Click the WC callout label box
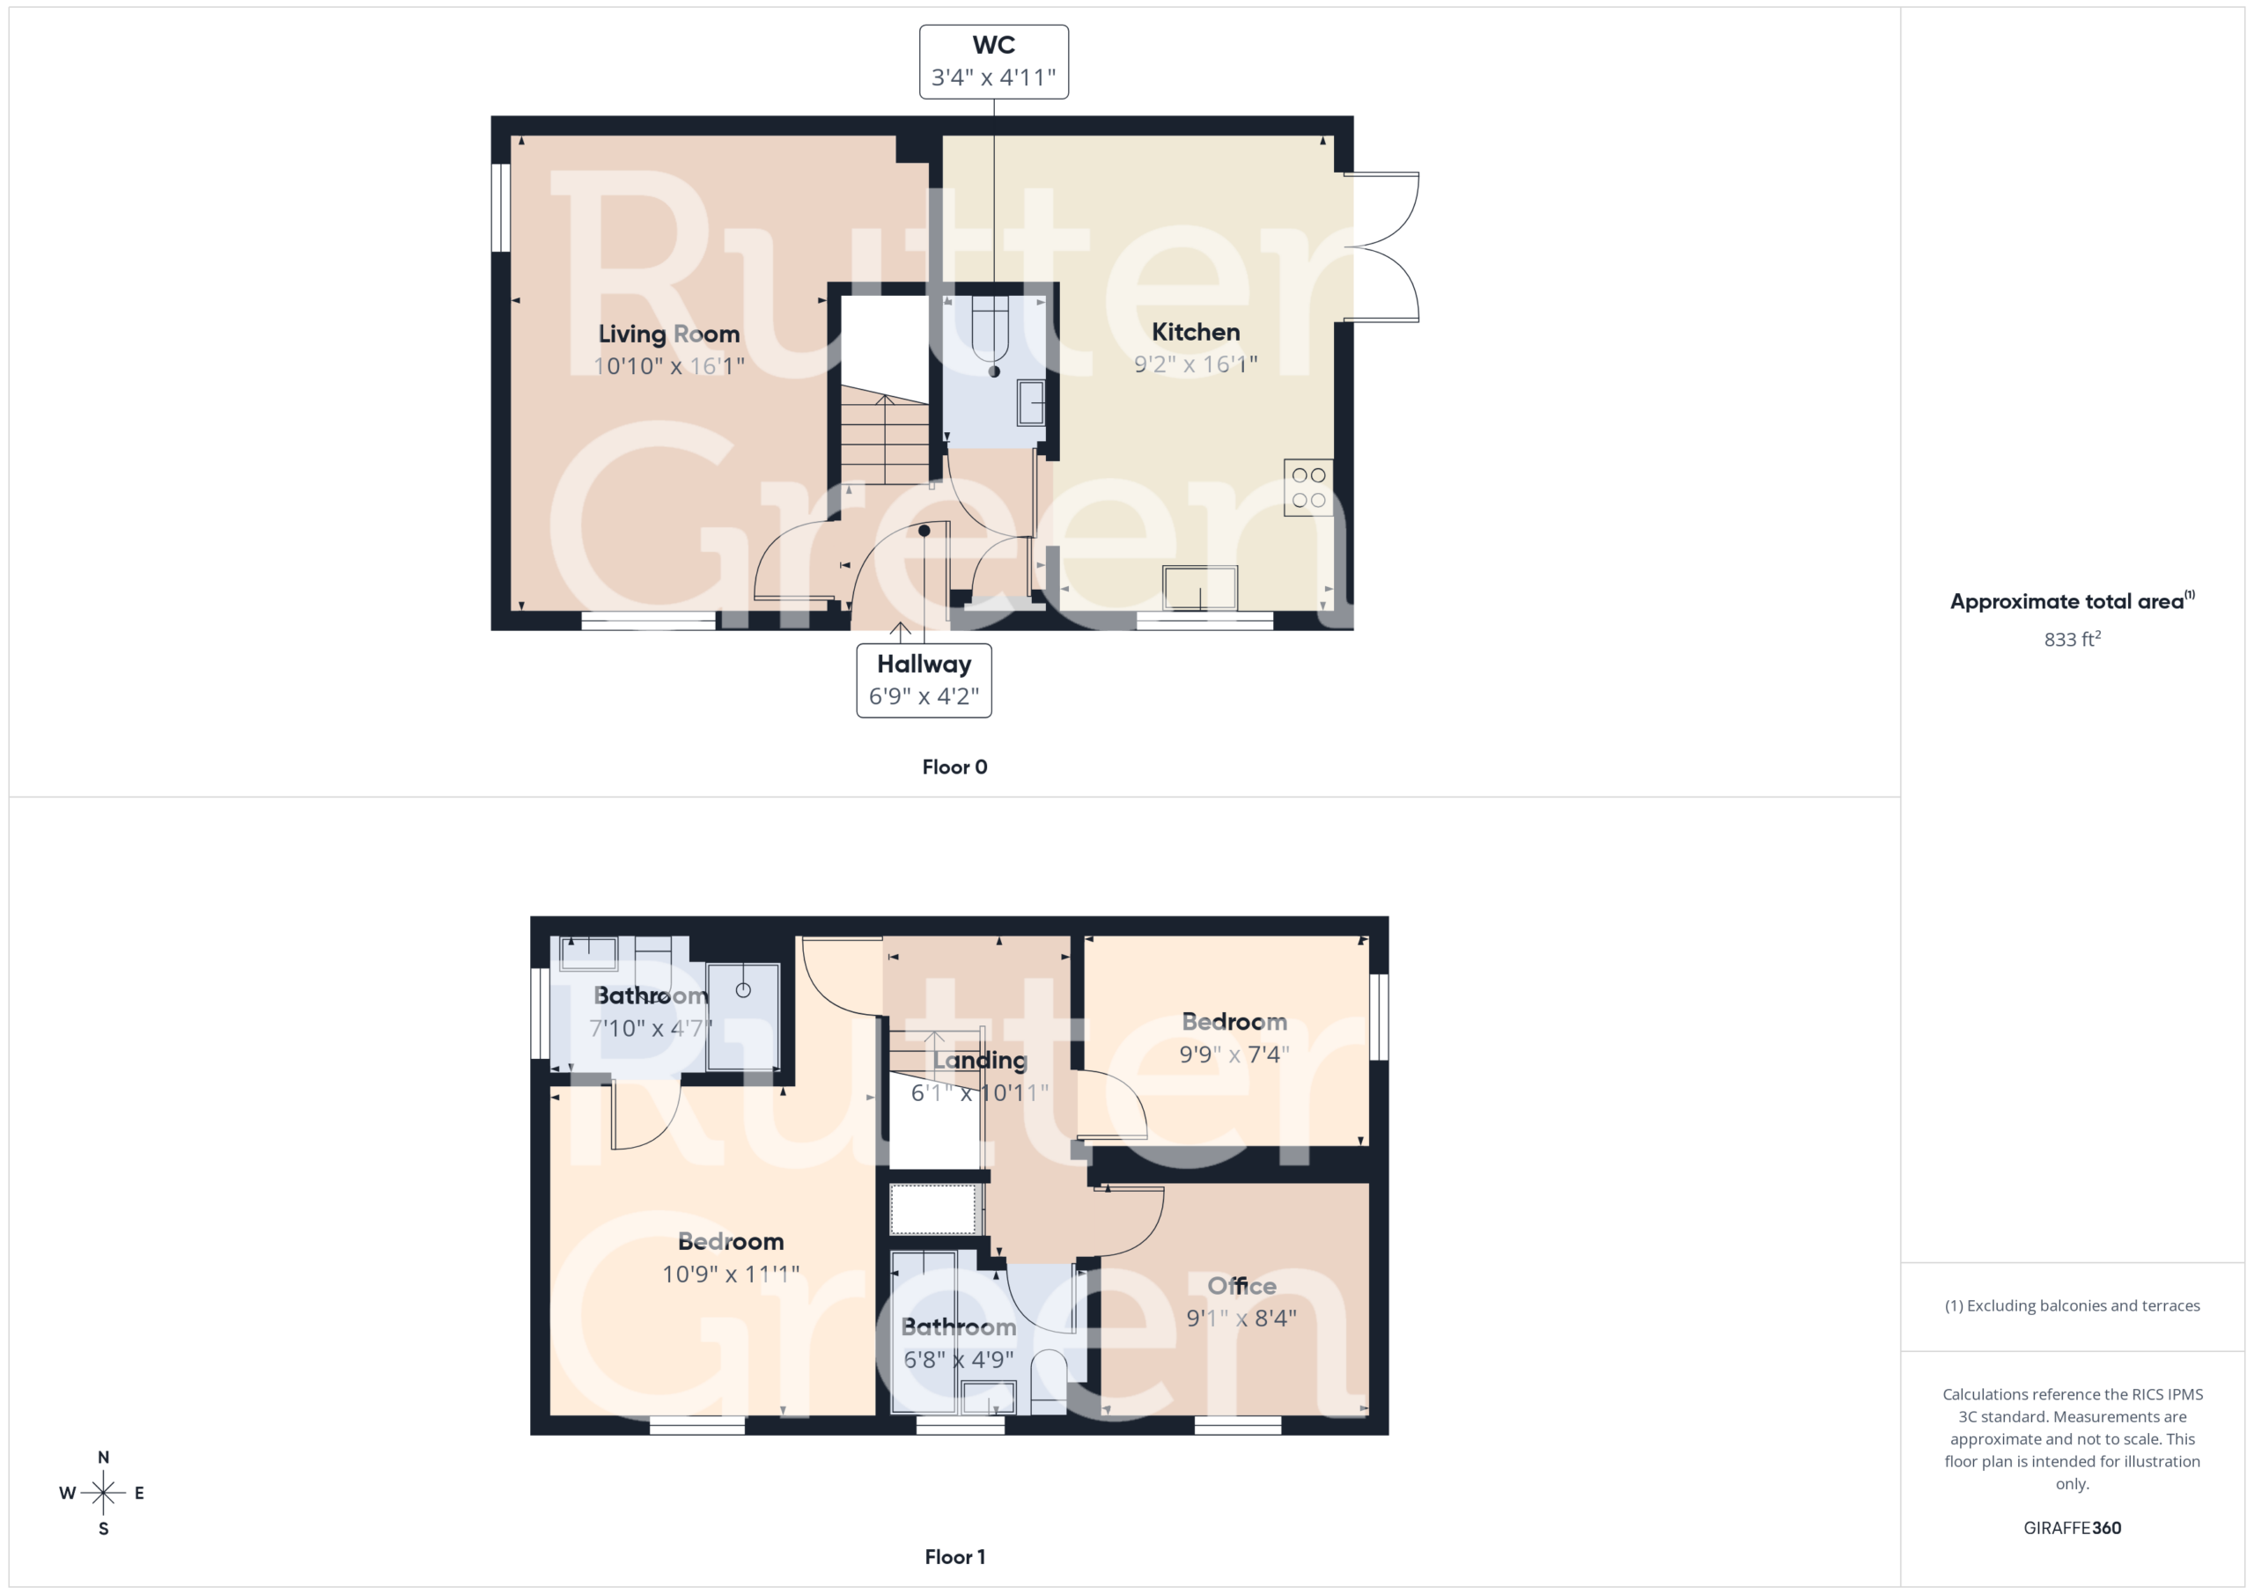[993, 62]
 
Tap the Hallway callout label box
[924, 680]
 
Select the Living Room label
[668, 334]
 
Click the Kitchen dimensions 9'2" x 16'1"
[1195, 364]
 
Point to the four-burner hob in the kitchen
[1308, 488]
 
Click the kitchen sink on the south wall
[1200, 589]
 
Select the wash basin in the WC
[1031, 402]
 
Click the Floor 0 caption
[954, 768]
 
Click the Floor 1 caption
[954, 1557]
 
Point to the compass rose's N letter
[103, 1458]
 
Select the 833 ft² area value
[2073, 639]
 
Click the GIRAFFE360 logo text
[2072, 1527]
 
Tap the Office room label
[1241, 1286]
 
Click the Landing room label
[980, 1060]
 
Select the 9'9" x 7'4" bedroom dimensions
[1234, 1054]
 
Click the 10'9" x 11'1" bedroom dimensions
[731, 1274]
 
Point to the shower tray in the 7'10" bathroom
[743, 1017]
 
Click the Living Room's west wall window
[501, 207]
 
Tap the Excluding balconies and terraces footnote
[2072, 1305]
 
